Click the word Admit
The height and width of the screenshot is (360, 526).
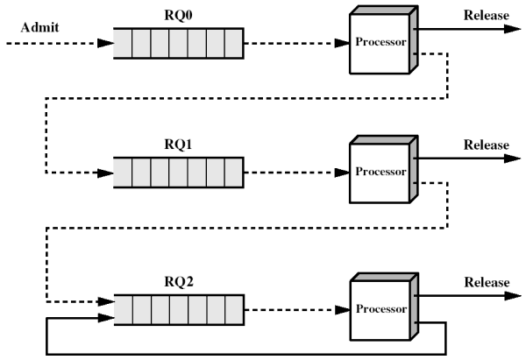39,27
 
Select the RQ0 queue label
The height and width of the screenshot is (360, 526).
178,15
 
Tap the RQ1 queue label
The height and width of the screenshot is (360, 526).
178,145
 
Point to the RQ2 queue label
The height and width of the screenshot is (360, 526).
179,281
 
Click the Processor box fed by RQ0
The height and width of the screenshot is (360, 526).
383,39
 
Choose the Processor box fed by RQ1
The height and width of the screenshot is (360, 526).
383,169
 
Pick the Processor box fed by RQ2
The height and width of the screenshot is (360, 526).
384,307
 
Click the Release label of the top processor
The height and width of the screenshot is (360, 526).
486,15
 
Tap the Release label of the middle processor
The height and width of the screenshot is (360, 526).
486,145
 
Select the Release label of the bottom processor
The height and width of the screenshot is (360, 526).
487,282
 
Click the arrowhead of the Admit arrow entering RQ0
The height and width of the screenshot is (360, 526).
106,43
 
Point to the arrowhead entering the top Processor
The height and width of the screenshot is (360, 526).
343,43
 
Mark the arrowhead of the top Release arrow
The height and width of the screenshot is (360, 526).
513,29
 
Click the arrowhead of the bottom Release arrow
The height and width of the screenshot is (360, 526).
513,296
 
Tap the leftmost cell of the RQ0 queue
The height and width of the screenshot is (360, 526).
123,43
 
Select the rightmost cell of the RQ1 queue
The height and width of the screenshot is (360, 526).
234,173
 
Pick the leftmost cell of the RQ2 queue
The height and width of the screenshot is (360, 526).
124,310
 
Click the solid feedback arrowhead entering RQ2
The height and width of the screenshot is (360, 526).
106,318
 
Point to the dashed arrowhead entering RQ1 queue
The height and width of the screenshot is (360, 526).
106,173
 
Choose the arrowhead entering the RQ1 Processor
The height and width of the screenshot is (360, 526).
343,173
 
